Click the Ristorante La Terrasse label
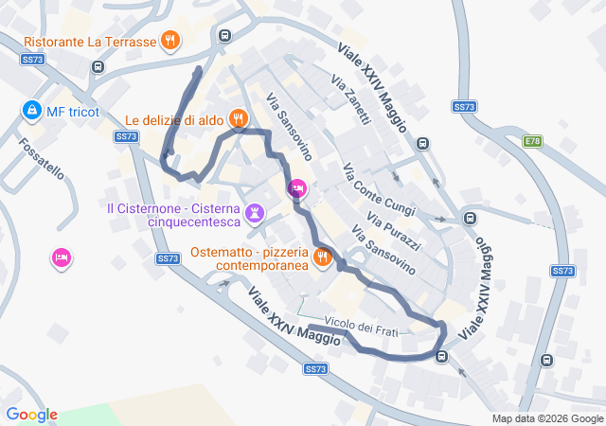89,42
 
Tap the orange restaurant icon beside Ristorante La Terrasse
170,41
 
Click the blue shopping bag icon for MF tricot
32,111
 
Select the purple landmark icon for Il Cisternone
254,212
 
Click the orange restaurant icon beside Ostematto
322,256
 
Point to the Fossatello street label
40,158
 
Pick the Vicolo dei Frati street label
361,326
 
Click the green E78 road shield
533,141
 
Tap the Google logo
31,415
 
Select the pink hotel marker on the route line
297,189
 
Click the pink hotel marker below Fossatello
62,257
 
